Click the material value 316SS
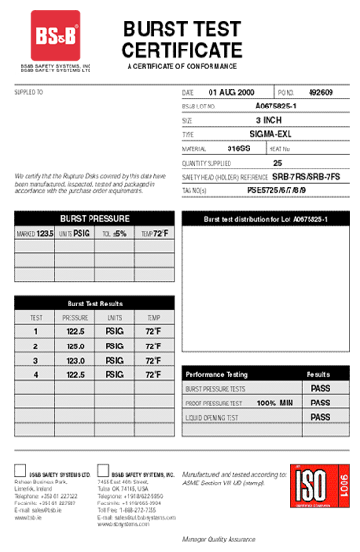pos(238,148)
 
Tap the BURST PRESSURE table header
pos(94,218)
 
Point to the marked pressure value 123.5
pos(45,233)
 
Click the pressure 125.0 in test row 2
pos(75,346)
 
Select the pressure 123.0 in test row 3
pos(75,361)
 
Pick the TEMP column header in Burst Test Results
pos(152,317)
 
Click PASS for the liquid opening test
pos(320,417)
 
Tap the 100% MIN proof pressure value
pos(272,404)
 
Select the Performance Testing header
pos(216,375)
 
